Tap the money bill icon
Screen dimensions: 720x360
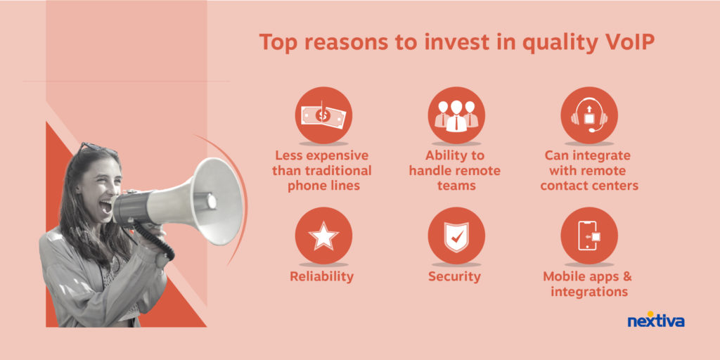pos(323,115)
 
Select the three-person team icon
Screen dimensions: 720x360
pos(456,115)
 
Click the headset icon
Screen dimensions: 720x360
pos(589,116)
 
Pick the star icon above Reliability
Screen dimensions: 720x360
pos(323,236)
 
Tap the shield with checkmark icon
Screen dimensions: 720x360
pos(456,237)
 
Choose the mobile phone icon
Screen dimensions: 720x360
pos(589,236)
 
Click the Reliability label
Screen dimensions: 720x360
pos(321,277)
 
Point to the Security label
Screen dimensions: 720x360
pos(455,276)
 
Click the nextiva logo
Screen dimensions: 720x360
pos(656,320)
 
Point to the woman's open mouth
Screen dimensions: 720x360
pos(105,207)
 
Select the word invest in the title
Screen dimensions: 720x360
pos(444,42)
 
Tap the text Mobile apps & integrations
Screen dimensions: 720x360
pos(589,284)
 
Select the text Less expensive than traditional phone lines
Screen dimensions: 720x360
pos(322,171)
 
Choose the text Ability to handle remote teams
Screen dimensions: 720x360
pos(455,171)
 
